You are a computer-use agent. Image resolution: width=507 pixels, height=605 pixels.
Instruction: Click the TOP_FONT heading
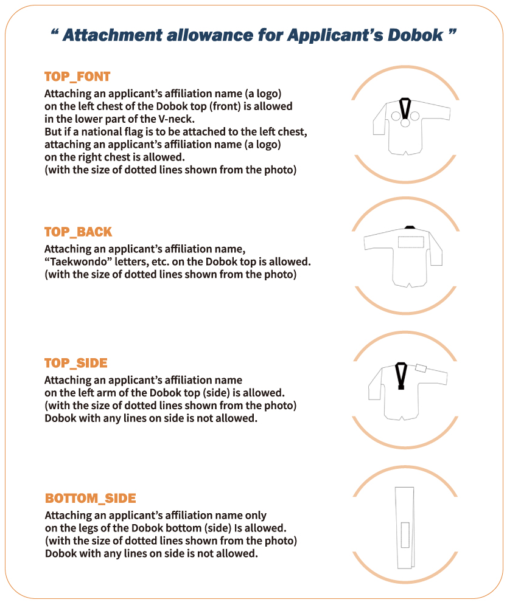[x=77, y=77]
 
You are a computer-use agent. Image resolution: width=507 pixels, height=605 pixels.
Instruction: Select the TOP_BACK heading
[x=78, y=232]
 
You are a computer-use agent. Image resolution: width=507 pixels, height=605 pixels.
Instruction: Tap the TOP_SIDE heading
[x=75, y=363]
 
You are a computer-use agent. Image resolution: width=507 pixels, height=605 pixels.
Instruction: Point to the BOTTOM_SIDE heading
[x=90, y=498]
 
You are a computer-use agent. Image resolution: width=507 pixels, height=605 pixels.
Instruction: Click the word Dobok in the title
[x=415, y=35]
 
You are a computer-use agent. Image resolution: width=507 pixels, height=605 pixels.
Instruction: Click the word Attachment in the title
[x=113, y=35]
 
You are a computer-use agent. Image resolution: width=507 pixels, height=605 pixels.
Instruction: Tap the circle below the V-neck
[x=405, y=123]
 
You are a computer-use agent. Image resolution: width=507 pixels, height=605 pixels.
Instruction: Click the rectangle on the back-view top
[x=411, y=242]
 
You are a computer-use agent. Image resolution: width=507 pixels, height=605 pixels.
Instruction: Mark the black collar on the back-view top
[x=410, y=227]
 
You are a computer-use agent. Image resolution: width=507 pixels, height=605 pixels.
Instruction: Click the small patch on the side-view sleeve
[x=421, y=368]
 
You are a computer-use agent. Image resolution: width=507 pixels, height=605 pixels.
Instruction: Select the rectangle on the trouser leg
[x=405, y=535]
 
